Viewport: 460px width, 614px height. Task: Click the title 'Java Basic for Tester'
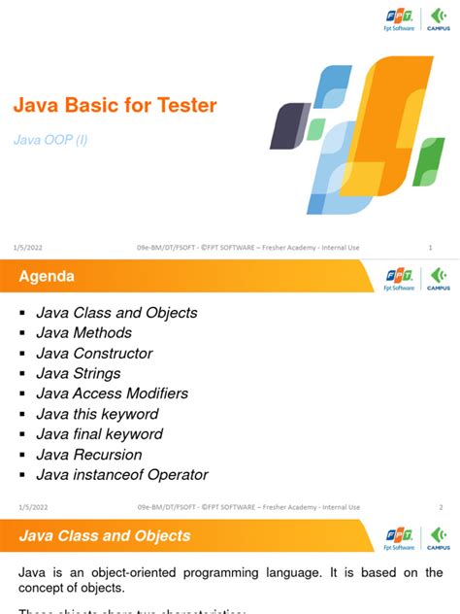[x=114, y=106]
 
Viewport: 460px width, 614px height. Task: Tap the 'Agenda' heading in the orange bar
[x=47, y=278]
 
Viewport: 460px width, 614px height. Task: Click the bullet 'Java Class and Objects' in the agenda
[x=116, y=313]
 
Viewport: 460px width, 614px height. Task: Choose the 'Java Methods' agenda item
[x=82, y=333]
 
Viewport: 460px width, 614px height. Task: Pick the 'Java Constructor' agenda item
[x=94, y=354]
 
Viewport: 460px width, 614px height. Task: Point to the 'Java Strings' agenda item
[x=78, y=374]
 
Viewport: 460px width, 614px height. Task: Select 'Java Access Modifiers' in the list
[x=112, y=393]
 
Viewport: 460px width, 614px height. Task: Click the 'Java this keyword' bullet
[x=98, y=414]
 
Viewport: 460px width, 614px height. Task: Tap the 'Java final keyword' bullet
[x=99, y=434]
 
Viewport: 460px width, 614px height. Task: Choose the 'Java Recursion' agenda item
[x=88, y=455]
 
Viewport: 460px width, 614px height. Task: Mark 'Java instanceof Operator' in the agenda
[x=122, y=475]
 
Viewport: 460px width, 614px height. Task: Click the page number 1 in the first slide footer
[x=430, y=248]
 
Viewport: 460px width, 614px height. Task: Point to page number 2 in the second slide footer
[x=441, y=507]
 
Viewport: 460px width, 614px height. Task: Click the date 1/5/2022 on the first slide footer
[x=29, y=248]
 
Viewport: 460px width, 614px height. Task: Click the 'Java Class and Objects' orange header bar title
[x=105, y=536]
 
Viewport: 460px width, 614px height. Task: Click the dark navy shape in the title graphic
[x=288, y=125]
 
